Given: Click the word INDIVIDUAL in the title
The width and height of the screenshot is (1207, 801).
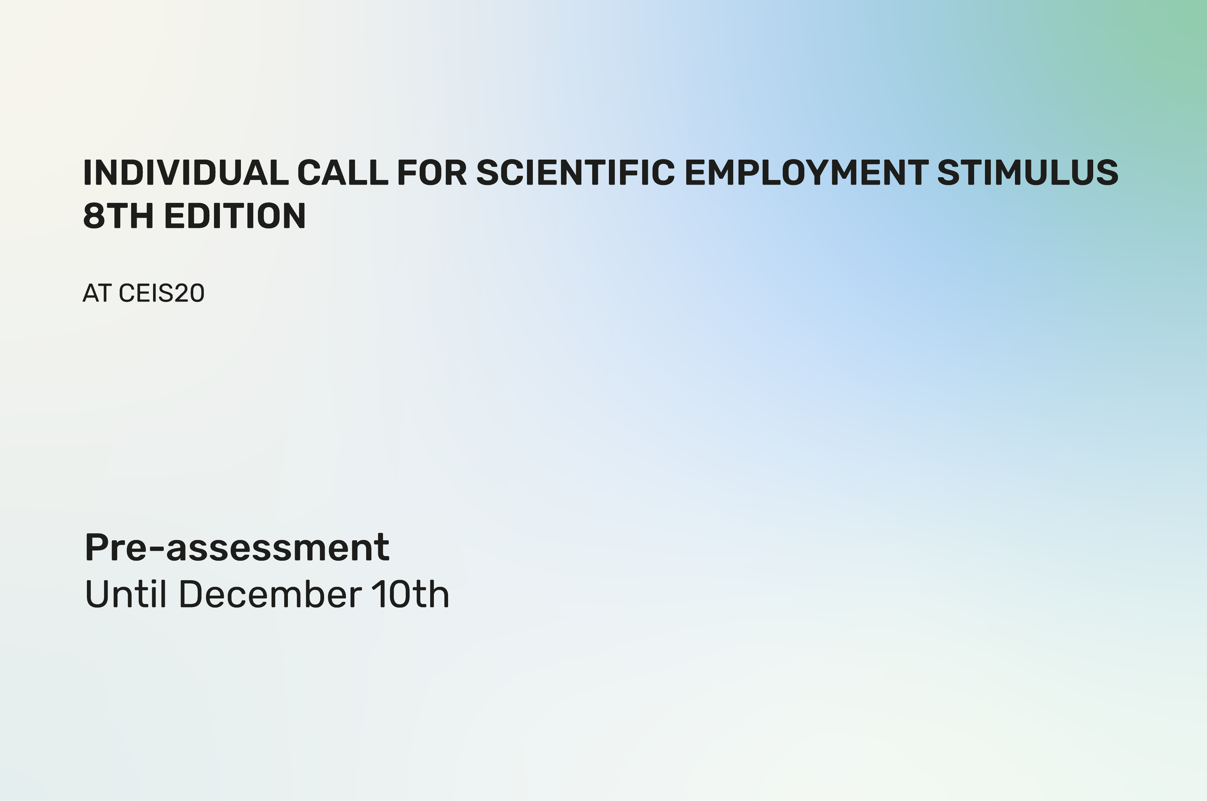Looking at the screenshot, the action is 186,173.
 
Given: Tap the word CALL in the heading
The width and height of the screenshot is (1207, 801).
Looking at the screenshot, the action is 343,173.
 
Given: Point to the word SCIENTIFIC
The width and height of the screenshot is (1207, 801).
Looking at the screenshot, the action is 576,173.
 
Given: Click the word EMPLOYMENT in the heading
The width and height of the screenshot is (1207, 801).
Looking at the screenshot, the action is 806,173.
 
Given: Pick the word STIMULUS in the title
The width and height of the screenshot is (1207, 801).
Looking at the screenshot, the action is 1028,173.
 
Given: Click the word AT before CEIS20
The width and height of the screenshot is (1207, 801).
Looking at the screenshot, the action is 97,293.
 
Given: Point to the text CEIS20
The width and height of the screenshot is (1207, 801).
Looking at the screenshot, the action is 161,293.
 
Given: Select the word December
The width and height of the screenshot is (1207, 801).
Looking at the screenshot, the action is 271,594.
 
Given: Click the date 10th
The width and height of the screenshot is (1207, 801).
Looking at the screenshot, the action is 410,594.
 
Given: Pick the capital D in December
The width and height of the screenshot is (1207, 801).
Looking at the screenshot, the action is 191,594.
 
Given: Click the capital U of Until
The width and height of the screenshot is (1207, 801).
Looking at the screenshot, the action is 97,594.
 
